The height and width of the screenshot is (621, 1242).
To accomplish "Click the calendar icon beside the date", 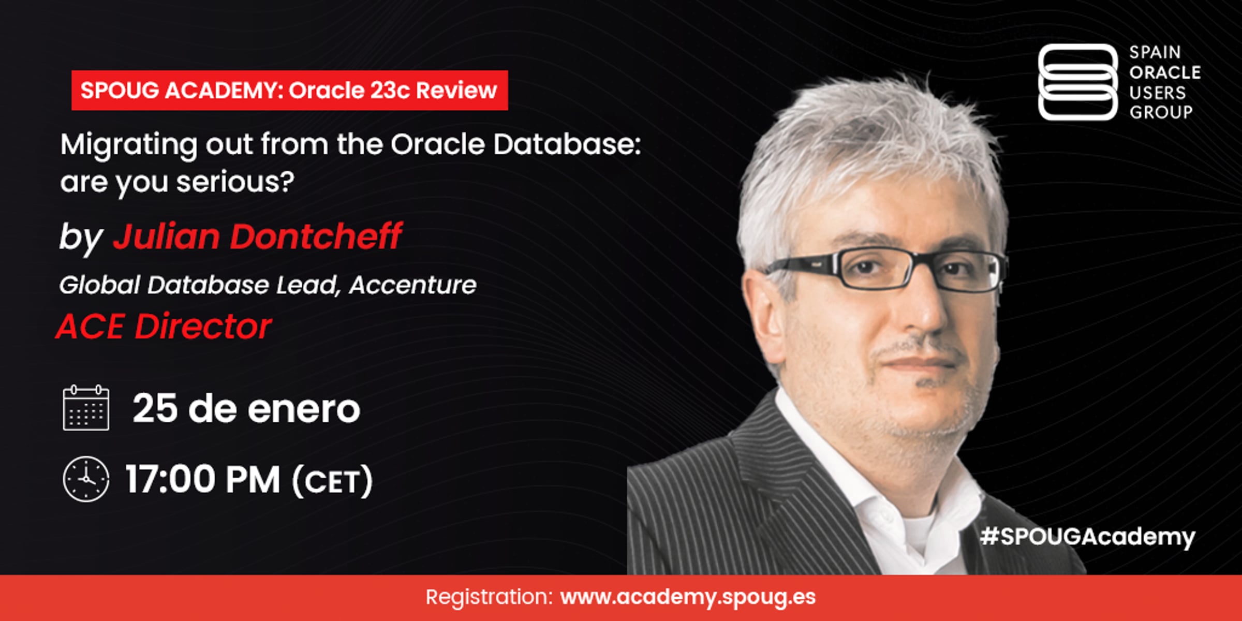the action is coord(86,408).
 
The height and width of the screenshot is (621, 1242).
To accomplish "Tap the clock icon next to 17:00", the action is coord(86,479).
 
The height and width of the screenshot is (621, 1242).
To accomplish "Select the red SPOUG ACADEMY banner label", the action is coord(290,90).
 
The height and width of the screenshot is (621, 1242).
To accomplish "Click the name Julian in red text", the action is coord(167,237).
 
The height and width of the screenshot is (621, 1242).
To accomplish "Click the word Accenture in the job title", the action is coord(412,285).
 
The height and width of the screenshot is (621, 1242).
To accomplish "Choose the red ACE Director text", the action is coord(164,327).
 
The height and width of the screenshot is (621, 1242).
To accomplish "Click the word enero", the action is coord(304,410).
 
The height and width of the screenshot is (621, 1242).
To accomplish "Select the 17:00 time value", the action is coord(171,479).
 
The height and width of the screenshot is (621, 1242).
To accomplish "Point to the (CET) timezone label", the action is coord(332,481).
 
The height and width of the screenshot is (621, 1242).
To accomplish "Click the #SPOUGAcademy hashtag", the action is coord(1088,537).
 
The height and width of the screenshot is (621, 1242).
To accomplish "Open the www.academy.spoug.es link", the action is coord(688,597).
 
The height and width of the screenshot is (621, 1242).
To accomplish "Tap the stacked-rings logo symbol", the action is coord(1078,82).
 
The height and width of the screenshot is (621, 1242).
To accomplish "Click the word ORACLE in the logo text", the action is coord(1165,72).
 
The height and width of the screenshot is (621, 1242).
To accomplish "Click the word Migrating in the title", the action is coord(129,145).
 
